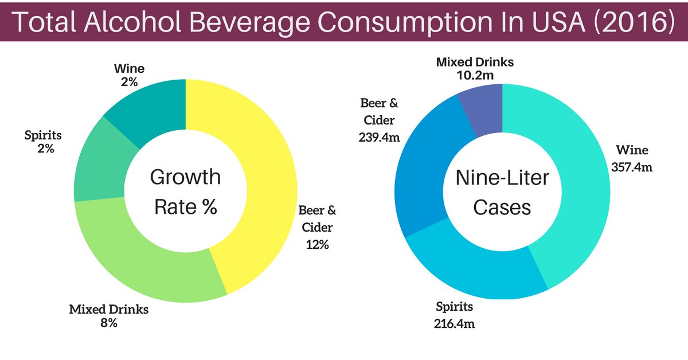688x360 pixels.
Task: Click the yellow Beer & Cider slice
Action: point(258,172)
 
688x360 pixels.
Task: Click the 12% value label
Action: point(316,245)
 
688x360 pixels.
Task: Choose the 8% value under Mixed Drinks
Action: point(108,323)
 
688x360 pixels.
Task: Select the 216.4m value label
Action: point(454,324)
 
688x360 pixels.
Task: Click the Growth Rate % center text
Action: point(185,191)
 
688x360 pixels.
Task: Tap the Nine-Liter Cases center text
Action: point(502,191)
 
